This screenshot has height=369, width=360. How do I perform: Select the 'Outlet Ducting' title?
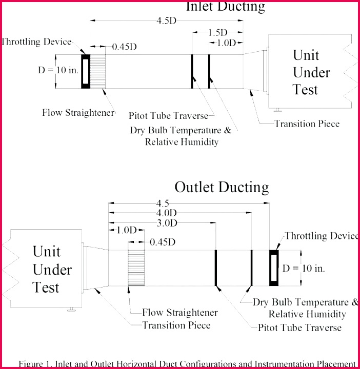(x=222, y=187)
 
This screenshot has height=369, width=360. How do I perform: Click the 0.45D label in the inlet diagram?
(x=125, y=46)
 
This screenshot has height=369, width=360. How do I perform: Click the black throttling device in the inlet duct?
(x=85, y=71)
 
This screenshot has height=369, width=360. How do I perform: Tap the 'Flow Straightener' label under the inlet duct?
(x=78, y=112)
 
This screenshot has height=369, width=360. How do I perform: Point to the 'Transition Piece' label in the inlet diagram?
(x=307, y=124)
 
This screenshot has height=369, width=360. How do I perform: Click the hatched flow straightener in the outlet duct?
(x=136, y=268)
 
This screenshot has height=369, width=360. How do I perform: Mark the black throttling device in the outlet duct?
(x=274, y=268)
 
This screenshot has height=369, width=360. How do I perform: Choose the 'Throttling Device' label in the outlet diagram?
(x=321, y=236)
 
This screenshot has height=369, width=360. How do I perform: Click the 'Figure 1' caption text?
(x=187, y=363)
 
